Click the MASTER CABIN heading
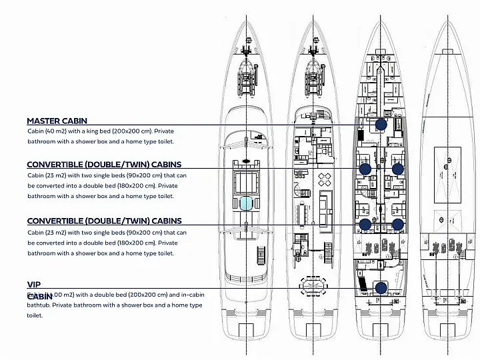[x=57, y=121]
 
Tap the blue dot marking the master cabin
[x=381, y=124]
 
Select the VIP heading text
[x=34, y=284]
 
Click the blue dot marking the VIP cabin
[x=381, y=288]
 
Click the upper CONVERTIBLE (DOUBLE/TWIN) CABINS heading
[x=104, y=165]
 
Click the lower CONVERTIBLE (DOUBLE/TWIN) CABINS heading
[x=104, y=221]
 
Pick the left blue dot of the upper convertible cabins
[x=365, y=169]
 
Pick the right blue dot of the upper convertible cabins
[x=397, y=169]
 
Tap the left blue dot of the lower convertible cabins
[x=365, y=224]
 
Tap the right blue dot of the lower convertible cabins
[x=397, y=224]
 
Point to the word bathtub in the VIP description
[x=39, y=305]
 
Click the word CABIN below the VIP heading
[x=40, y=296]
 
